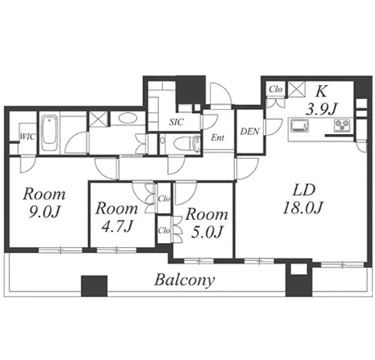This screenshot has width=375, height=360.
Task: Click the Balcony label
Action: (184, 280)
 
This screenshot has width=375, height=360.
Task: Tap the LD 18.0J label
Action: (303, 199)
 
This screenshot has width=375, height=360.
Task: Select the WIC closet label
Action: (28, 136)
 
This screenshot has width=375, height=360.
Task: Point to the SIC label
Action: (176, 122)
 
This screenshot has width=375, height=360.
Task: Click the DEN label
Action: (250, 131)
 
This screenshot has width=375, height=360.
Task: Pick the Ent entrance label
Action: (218, 137)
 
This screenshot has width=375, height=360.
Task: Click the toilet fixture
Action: (187, 144)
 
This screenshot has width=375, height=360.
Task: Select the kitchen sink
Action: (300, 125)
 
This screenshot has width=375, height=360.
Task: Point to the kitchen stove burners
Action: (342, 125)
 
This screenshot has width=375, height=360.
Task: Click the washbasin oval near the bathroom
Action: (128, 118)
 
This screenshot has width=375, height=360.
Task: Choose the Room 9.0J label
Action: (44, 203)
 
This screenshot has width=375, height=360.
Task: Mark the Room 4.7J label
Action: (117, 217)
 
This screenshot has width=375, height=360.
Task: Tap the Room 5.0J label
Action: (206, 223)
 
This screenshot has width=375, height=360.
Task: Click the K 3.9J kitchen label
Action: (321, 100)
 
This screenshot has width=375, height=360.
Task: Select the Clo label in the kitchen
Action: (276, 89)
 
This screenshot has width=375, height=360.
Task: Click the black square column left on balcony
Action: (94, 285)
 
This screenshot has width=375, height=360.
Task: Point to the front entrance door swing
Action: (221, 94)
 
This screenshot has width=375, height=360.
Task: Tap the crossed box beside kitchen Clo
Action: (297, 89)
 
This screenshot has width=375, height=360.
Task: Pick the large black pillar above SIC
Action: (191, 90)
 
